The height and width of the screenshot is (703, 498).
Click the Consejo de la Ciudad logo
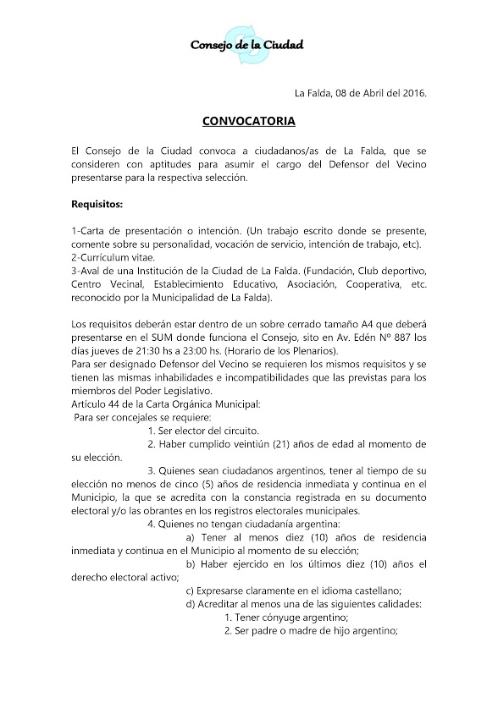coord(247,45)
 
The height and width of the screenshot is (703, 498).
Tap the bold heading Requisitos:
coord(97,204)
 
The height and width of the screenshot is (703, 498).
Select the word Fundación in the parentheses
coord(315,270)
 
